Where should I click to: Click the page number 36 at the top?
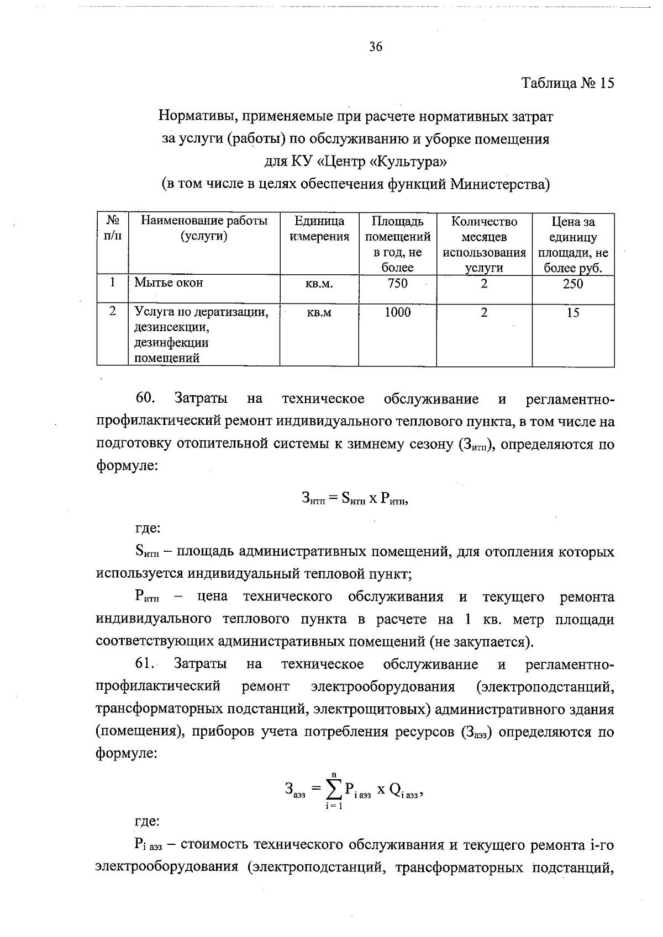[x=376, y=47]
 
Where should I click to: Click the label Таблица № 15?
[x=567, y=84]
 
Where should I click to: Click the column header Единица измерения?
[x=319, y=229]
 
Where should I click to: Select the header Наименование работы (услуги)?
[x=204, y=229]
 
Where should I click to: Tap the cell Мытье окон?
[x=169, y=283]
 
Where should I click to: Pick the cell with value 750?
[x=397, y=284]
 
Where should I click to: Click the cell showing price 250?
[x=573, y=284]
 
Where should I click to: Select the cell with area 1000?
[x=397, y=313]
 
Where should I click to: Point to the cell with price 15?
[x=573, y=313]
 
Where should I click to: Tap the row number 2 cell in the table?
[x=113, y=312]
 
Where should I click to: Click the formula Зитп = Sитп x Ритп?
[x=355, y=499]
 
